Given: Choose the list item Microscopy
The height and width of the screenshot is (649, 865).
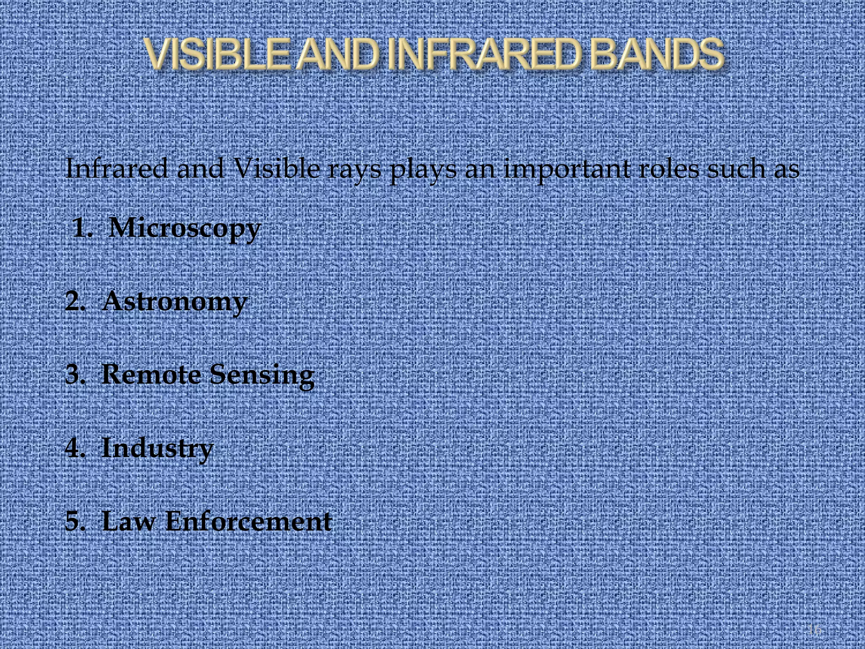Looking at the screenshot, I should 185,229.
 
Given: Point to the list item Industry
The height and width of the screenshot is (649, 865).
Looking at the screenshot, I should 157,448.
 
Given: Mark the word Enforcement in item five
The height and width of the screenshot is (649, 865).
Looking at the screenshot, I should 248,521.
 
